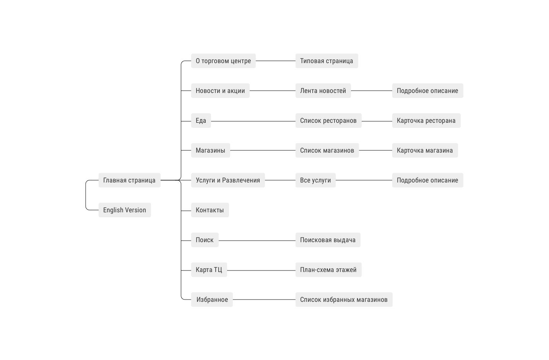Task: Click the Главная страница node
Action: (x=129, y=180)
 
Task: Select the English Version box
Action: (x=125, y=210)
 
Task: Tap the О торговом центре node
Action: (x=223, y=61)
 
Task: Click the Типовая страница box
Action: (x=327, y=61)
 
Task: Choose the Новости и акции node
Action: (x=220, y=91)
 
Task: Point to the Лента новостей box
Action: (x=323, y=91)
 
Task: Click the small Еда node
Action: (x=201, y=121)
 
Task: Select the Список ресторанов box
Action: (x=328, y=121)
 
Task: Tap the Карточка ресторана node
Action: (x=426, y=121)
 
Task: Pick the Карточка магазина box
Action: (x=425, y=150)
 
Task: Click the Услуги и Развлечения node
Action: (x=228, y=180)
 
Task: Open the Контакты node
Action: (x=210, y=210)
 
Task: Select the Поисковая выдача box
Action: (x=328, y=240)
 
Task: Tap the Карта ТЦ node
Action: (x=209, y=270)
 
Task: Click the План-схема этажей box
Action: (x=328, y=270)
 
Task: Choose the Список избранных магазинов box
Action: (x=344, y=300)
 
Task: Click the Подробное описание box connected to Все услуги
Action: (x=428, y=180)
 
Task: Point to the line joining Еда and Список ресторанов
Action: (x=253, y=121)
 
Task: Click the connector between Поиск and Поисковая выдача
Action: (x=257, y=241)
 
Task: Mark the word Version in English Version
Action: (x=136, y=210)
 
